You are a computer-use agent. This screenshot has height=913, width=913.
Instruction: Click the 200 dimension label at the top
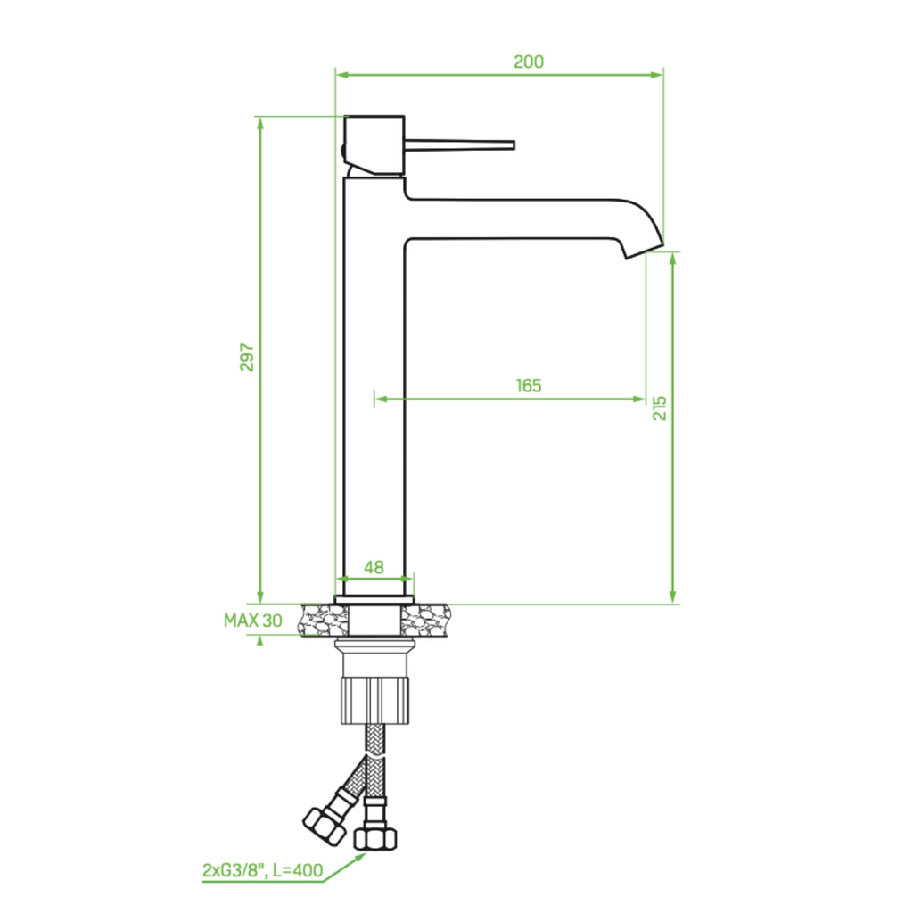[528, 62]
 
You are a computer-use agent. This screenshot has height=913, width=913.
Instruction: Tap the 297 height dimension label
[247, 357]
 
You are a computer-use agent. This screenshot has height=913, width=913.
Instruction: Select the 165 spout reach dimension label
[528, 385]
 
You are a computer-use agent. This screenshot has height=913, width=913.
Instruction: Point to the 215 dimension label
[659, 407]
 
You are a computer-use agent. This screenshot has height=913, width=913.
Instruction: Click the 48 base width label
[374, 567]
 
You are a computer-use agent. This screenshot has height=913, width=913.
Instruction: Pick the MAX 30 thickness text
[252, 621]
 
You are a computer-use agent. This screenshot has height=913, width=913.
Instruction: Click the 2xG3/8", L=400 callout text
[263, 870]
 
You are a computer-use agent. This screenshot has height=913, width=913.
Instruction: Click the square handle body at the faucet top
[374, 145]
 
